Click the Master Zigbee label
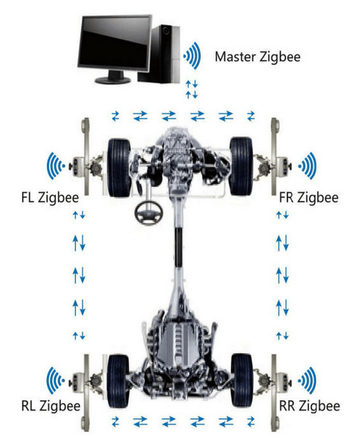258,57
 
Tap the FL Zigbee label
50,198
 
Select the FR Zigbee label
308,198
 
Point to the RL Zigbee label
51,406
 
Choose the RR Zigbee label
309,406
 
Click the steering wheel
149,213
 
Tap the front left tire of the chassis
119,167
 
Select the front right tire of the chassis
241,167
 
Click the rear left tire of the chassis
118,381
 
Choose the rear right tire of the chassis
242,380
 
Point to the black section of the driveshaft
178,247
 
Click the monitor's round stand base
113,80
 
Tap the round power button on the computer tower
166,30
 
